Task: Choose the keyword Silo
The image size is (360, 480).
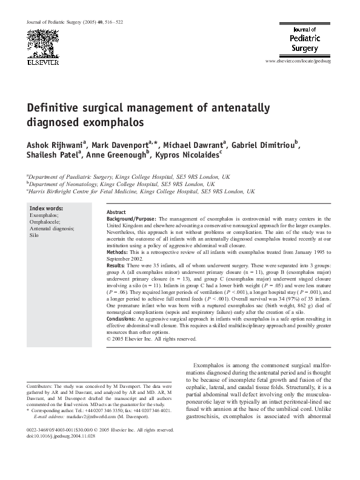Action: pyautogui.click(x=35, y=235)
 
